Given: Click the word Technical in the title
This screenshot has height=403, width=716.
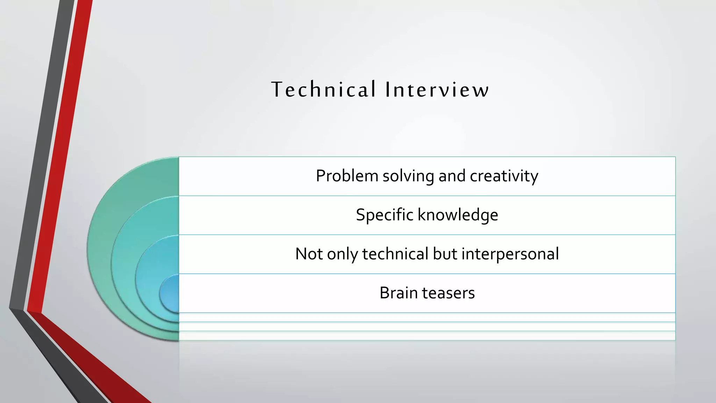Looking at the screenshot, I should point(323,89).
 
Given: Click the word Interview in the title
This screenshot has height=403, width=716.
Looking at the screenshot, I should point(437,89).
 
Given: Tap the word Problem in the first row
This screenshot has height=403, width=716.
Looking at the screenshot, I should point(347,176).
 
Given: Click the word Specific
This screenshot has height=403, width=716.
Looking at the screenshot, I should point(384,215).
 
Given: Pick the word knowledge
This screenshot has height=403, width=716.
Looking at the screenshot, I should point(458,215).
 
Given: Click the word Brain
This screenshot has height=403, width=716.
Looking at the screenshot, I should point(399,293).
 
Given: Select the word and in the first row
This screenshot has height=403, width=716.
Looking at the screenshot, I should point(452,176).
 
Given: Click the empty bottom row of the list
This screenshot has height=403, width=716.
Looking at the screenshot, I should point(427,336).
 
